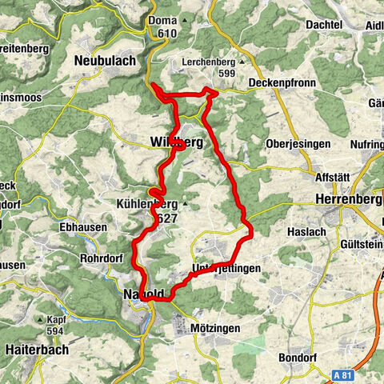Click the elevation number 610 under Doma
(x=167, y=33)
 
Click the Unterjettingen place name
(x=226, y=269)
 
